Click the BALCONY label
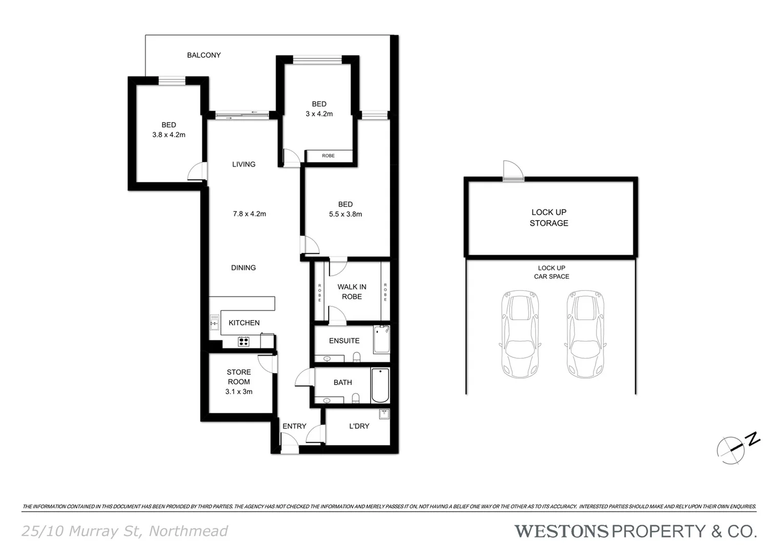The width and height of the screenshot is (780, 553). [203, 55]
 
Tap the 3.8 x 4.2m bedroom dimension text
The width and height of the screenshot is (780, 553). [169, 135]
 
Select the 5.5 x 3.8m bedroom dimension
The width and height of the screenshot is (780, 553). [345, 215]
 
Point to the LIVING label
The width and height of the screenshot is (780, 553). [243, 164]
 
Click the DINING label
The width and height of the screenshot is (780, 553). [243, 268]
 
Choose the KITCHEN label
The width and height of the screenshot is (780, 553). [244, 323]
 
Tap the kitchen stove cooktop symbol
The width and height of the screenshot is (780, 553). [243, 342]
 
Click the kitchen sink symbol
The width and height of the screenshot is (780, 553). [214, 323]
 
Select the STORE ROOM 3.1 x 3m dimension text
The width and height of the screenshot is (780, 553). [239, 392]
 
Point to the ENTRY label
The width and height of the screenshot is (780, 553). [294, 426]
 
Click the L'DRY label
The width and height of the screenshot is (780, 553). [359, 426]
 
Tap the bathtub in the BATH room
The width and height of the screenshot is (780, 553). [380, 386]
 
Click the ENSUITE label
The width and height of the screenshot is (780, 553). [344, 341]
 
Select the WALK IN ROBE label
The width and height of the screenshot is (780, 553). [352, 292]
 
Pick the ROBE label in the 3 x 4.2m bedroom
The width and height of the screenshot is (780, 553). [328, 156]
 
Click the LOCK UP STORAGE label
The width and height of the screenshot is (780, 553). [549, 218]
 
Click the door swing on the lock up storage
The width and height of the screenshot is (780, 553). [512, 170]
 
